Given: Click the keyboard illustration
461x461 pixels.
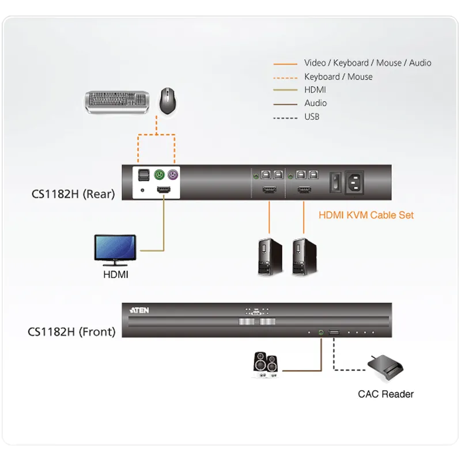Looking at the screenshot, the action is pos(117,102).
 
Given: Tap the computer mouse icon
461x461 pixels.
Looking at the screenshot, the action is pos(168,101).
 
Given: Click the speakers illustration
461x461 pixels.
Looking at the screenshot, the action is pos(266,365).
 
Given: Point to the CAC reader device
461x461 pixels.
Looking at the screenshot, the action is pos(386,368).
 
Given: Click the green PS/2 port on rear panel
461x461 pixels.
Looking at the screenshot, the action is pos(160,175).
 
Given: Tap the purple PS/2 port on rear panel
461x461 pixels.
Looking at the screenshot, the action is pos(173,175).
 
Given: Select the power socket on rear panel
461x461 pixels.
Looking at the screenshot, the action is pos(354,182).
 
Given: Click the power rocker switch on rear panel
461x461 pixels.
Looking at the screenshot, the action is pos(336,182).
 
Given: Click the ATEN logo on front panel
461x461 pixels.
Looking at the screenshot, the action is pos(139,311).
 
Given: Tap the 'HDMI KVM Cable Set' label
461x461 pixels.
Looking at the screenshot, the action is pos(366,215).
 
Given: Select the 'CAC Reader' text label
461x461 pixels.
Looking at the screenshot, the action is pos(386,394).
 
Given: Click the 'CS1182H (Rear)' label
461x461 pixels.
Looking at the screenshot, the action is pos(73,194).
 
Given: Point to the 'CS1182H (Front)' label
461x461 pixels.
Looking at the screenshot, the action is pos(71,332).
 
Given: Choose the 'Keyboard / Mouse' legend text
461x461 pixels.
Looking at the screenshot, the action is pos(338,77).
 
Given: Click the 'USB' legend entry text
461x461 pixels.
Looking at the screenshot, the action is pos(312,117).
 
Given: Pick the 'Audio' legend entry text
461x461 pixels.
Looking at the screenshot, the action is pos(315,103).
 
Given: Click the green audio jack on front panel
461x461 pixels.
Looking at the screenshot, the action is pos(321,332).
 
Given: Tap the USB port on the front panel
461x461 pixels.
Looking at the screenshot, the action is pos(334,332).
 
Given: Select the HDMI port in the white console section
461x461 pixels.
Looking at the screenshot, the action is pos(164,190).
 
